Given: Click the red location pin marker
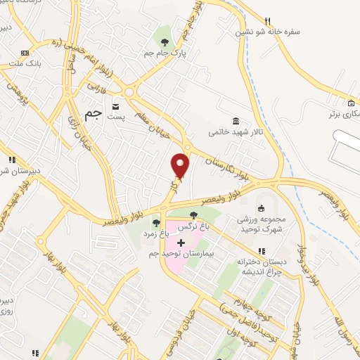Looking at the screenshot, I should pos(181,166).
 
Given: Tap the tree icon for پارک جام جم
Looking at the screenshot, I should pos(165,30).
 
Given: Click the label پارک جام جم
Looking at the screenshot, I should pos(160,53).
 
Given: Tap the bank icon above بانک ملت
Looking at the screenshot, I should pos(25,53).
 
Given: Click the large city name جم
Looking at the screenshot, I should pos(92,115).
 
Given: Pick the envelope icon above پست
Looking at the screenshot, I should pos(115,107).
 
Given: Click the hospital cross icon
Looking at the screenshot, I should pos(181,242).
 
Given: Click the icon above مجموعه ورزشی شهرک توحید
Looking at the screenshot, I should pos(262,207).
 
